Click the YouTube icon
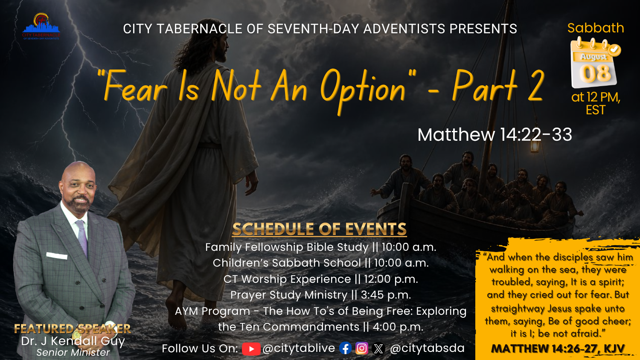coord(251,349)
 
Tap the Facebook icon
coord(346,348)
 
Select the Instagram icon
coord(362,348)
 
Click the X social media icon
coord(378,348)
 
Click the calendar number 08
coord(595,73)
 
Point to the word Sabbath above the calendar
coord(596,28)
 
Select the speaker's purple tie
coord(83,238)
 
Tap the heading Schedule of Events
coord(319,229)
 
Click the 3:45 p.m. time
coord(386,295)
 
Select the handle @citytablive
coord(299,348)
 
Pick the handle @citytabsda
coord(427,348)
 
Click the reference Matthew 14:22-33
coord(495,134)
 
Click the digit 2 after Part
coord(535,85)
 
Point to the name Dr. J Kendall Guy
coord(73,341)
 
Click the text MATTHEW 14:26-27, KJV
coord(557,349)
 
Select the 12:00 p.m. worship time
coord(391,279)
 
